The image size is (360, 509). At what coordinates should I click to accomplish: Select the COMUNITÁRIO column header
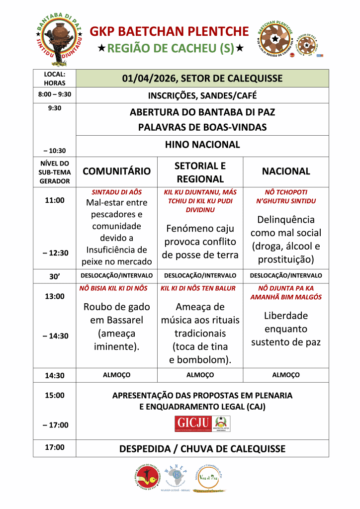click(116, 171)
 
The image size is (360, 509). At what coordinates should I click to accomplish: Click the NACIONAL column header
click(286, 171)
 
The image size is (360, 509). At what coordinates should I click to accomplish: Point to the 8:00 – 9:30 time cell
click(55, 94)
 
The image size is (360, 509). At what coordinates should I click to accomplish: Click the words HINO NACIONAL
click(202, 145)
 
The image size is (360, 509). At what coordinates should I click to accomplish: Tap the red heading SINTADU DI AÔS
click(117, 192)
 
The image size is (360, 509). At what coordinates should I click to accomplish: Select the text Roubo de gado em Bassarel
click(117, 313)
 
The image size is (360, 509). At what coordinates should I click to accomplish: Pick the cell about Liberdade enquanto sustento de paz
click(286, 329)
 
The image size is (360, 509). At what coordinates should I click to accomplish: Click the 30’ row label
click(55, 276)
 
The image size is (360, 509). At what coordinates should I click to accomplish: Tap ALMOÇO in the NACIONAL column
click(286, 375)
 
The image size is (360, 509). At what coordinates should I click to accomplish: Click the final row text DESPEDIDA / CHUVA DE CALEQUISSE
click(202, 449)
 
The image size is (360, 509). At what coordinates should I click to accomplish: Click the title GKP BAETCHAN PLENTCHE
click(169, 32)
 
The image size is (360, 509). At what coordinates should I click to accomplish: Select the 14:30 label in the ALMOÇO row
click(55, 376)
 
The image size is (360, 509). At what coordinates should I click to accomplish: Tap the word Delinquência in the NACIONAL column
click(286, 220)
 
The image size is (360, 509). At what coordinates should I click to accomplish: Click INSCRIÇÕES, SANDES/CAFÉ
click(202, 95)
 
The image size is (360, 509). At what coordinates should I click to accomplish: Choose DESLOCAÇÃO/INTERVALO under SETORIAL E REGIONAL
click(200, 275)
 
